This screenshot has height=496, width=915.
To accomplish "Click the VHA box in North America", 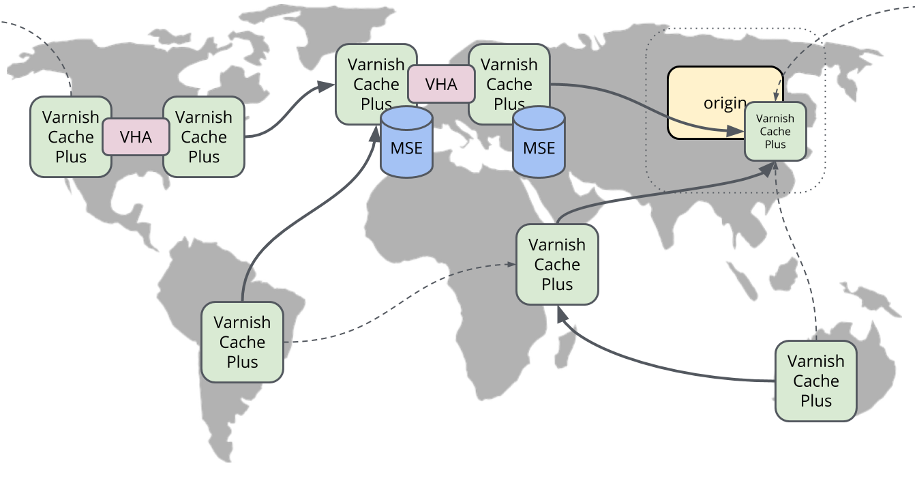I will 136,136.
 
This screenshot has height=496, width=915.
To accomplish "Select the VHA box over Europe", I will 441,84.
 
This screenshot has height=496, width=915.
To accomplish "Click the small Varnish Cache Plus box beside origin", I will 775,131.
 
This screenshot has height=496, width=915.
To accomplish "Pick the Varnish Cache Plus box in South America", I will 242,342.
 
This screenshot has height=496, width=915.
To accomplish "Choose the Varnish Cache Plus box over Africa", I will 557,264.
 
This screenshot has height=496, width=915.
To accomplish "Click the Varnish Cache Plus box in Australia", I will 815,381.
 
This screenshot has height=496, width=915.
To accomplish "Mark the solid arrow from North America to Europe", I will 286,116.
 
